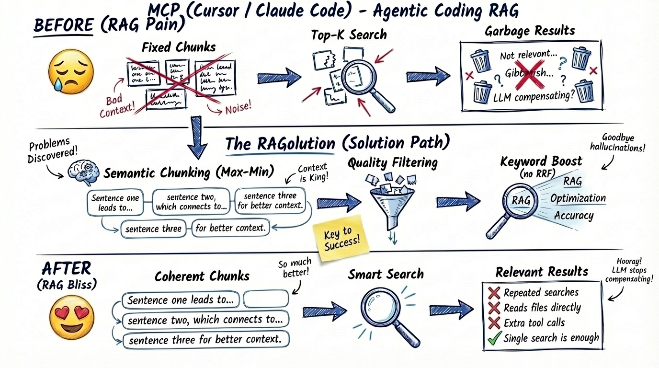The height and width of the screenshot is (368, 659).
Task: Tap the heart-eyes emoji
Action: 72,317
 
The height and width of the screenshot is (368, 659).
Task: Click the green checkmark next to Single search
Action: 494,338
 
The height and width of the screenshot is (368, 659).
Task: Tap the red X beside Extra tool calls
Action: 494,322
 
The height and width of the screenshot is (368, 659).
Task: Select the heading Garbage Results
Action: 530,32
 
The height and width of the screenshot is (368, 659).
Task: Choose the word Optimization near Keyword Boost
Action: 578,198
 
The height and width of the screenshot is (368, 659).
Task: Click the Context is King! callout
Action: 312,173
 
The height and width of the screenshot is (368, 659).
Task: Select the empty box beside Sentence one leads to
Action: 266,299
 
